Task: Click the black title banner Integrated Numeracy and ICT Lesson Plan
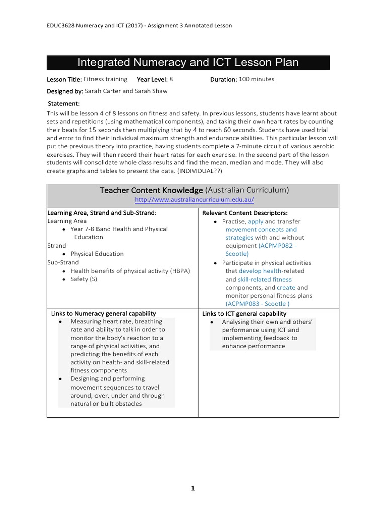pyautogui.click(x=188, y=63)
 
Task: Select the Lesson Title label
pyautogui.click(x=64, y=80)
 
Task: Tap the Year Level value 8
pyautogui.click(x=171, y=80)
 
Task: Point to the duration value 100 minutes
pyautogui.click(x=256, y=80)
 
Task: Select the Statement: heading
pyautogui.click(x=64, y=103)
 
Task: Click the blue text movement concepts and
pyautogui.click(x=261, y=229)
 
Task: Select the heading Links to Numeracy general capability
pyautogui.click(x=104, y=313)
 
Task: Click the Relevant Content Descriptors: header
pyautogui.click(x=245, y=213)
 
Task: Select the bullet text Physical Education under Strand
pyautogui.click(x=97, y=254)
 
